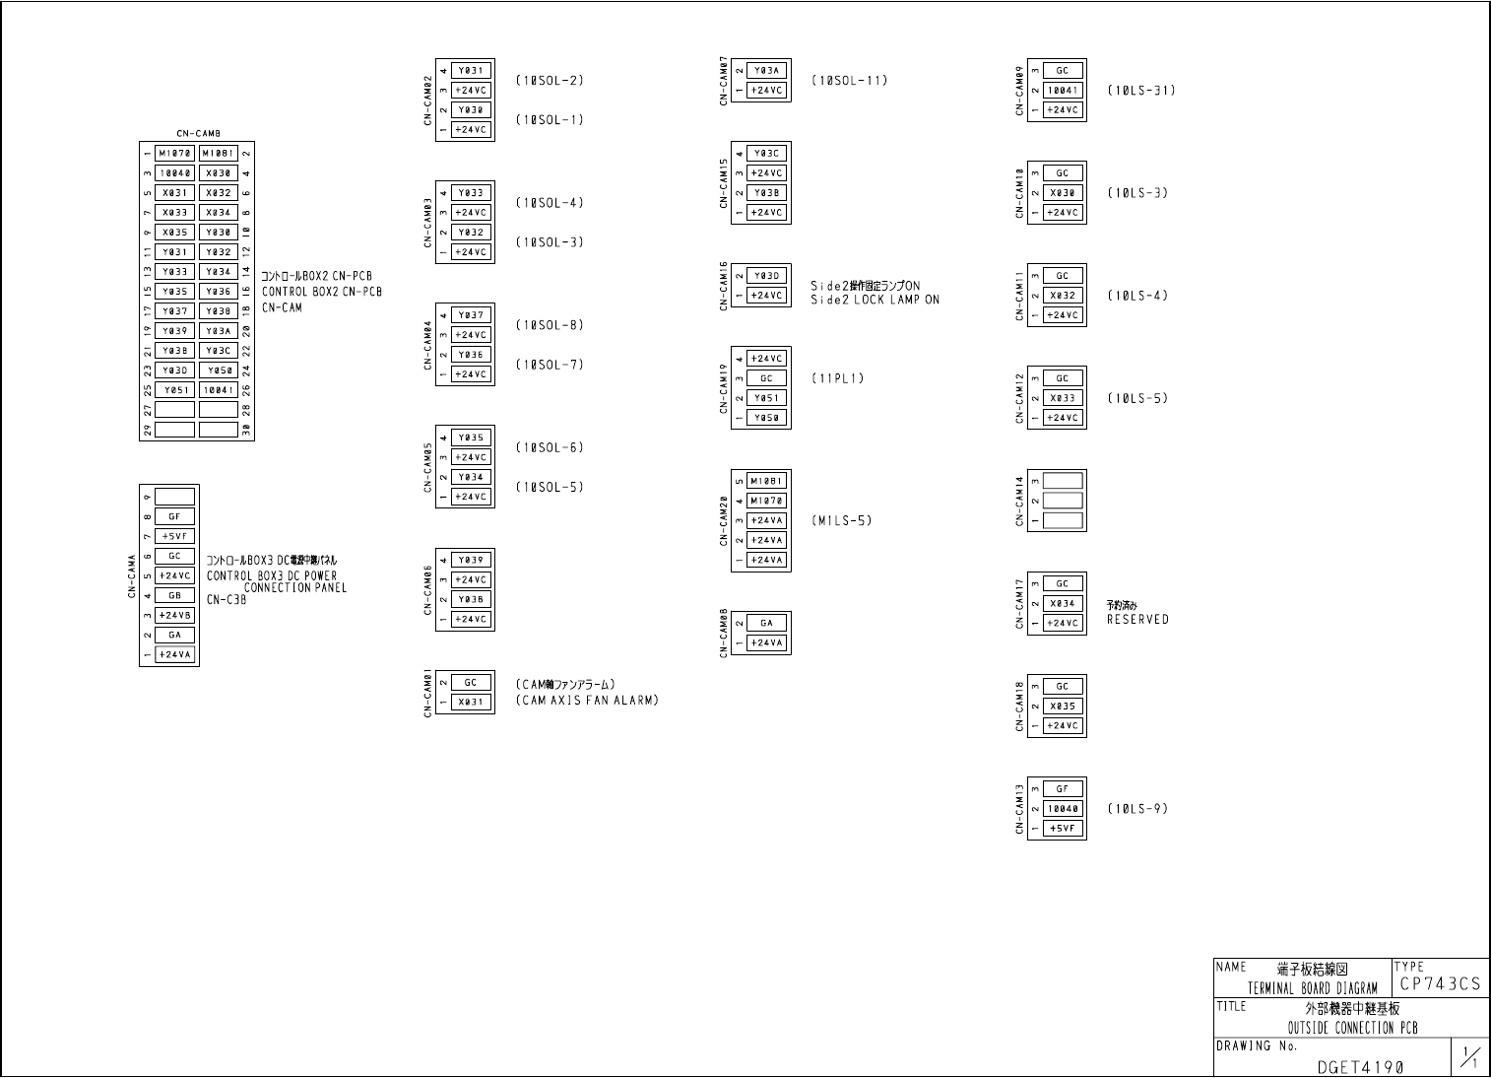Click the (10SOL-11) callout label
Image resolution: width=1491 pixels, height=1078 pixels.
pos(849,81)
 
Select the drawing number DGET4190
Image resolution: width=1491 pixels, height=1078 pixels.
pos(1359,1066)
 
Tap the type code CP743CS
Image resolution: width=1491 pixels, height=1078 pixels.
pos(1439,984)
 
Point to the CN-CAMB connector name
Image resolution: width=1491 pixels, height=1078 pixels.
pos(198,133)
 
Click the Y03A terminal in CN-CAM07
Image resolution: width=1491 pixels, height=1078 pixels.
pos(766,71)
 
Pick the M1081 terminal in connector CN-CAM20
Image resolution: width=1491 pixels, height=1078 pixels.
pos(766,481)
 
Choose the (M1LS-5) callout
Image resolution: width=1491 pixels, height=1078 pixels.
pos(842,520)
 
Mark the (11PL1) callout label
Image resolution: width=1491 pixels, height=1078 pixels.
pos(838,378)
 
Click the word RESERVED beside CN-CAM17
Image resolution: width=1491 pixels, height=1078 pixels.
pos(1137,620)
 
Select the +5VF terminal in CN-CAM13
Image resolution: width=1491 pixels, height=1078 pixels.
pos(1062,829)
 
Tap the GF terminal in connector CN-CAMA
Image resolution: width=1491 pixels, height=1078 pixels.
pos(174,516)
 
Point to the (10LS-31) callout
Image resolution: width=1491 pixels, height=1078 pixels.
pos(1140,91)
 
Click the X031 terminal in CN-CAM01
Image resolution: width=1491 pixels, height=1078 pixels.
pos(471,703)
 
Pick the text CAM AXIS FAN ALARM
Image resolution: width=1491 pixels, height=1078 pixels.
pos(587,701)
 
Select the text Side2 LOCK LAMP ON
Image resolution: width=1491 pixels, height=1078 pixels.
pos(875,300)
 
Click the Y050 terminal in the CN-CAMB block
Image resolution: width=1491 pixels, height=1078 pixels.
pos(219,371)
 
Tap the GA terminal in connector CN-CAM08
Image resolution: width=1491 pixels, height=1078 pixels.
pos(766,623)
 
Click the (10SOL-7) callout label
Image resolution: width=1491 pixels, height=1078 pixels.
pos(550,365)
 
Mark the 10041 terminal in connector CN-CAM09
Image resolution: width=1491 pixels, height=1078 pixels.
pos(1062,91)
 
